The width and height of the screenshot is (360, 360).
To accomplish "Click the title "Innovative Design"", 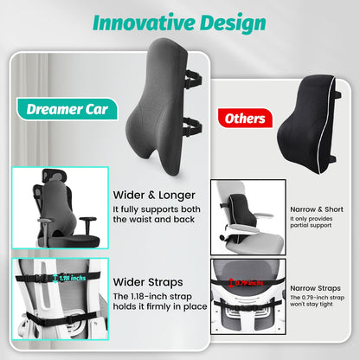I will click(x=179, y=22).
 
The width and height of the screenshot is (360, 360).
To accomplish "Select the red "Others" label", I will click(x=243, y=118).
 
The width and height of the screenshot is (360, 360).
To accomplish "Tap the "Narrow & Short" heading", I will click(x=318, y=209).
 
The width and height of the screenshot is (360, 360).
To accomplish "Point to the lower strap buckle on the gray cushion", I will click(x=192, y=128).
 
